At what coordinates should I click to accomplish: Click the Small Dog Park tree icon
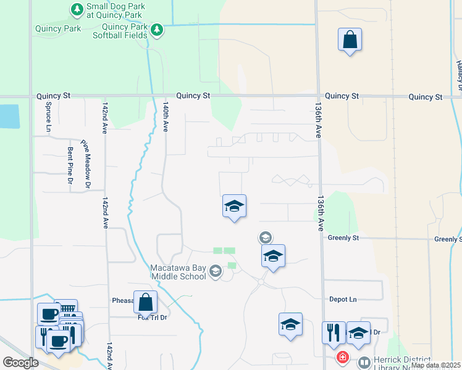[x=77, y=9]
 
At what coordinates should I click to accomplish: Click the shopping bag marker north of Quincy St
[x=350, y=40]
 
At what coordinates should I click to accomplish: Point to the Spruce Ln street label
[x=48, y=117]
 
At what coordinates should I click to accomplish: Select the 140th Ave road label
[x=166, y=117]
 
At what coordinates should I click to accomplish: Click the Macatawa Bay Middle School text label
[x=178, y=272]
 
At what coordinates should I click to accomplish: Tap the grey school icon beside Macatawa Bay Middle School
[x=216, y=271]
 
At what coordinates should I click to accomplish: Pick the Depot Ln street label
[x=343, y=299]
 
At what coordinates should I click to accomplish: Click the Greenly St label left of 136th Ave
[x=343, y=237]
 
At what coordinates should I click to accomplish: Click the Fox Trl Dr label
[x=153, y=318]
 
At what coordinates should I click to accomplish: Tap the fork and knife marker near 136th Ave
[x=334, y=332]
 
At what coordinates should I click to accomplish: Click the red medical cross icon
[x=342, y=358]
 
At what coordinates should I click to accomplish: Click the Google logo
[x=20, y=362]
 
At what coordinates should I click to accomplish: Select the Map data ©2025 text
[x=435, y=365]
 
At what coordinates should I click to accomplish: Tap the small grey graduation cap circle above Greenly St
[x=265, y=237]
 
